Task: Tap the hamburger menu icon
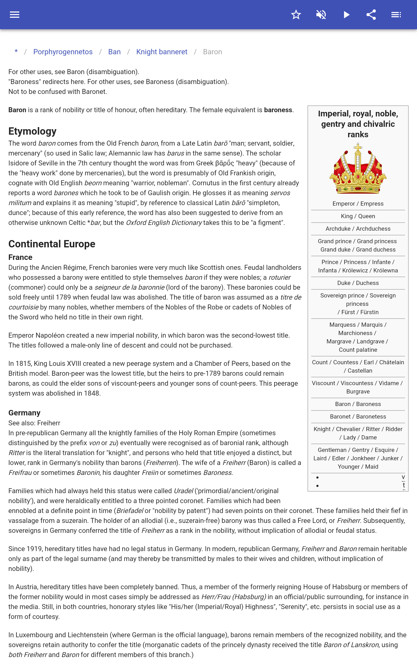point(15,15)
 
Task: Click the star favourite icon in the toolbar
point(296,15)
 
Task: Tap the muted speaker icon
point(321,15)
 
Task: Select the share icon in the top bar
point(371,15)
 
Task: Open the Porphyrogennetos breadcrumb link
point(63,52)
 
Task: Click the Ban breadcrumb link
point(114,52)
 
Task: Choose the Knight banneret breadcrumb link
point(162,52)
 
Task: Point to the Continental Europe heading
point(52,244)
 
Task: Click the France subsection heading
point(20,257)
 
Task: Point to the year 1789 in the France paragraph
point(63,297)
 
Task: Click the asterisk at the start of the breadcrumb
point(16,52)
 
